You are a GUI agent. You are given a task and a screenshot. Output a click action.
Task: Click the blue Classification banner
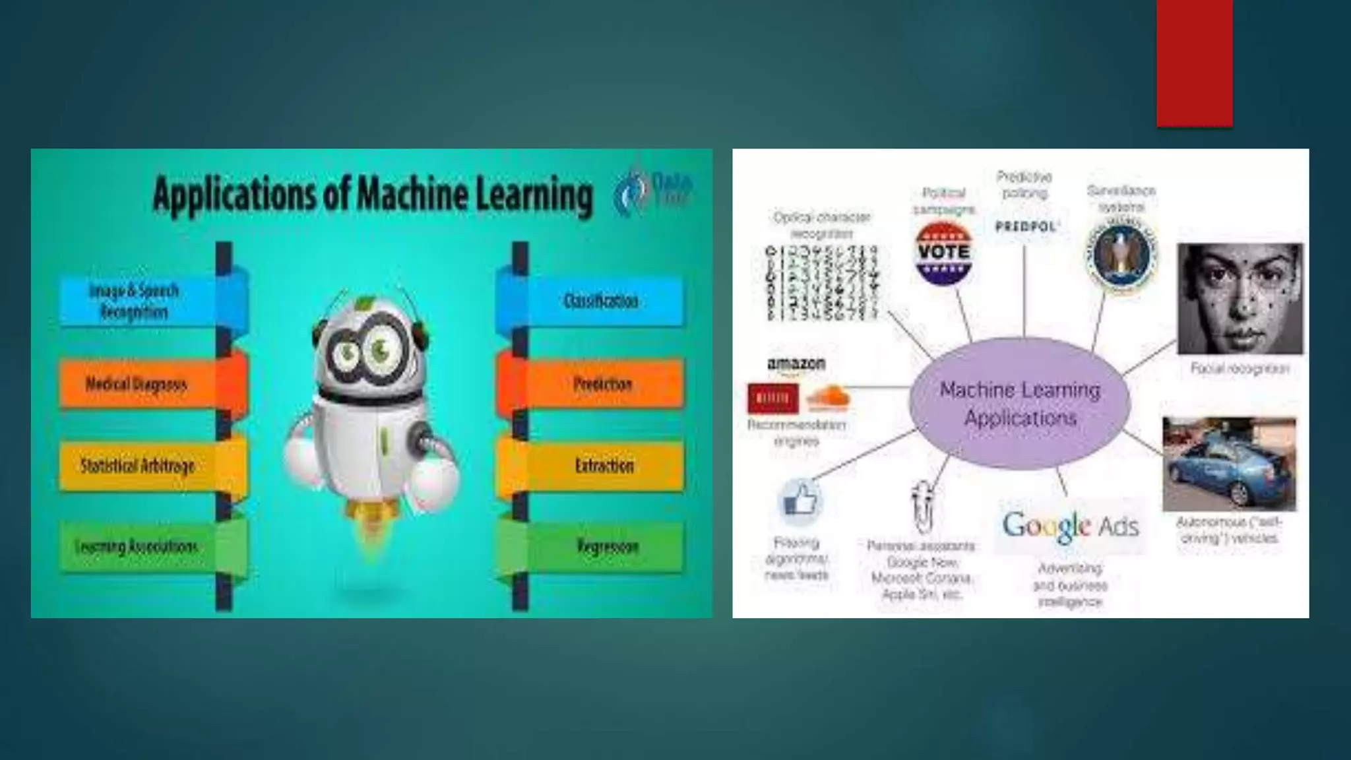click(x=600, y=301)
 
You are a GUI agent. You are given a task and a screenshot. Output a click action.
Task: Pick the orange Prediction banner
click(x=602, y=384)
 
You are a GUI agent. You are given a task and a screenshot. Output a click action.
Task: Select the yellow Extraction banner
click(x=604, y=466)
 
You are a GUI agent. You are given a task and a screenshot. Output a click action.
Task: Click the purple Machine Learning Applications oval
click(x=1020, y=403)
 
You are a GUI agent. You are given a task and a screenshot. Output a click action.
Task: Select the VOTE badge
click(x=944, y=252)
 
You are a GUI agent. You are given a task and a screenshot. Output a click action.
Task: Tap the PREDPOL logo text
click(x=1025, y=226)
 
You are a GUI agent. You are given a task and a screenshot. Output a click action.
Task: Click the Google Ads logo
click(x=1070, y=526)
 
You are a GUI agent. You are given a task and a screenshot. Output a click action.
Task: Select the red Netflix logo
click(x=772, y=398)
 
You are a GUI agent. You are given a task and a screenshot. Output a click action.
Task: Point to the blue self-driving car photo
click(x=1228, y=464)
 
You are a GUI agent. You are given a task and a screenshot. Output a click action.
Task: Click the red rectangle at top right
click(x=1194, y=63)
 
